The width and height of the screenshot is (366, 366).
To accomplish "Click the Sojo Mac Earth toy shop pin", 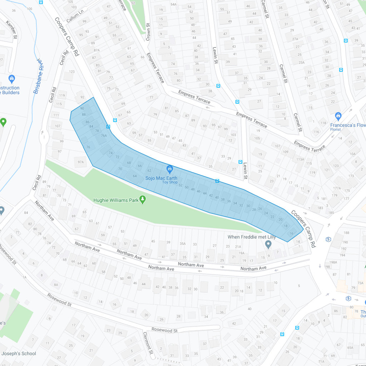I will coord(170,168).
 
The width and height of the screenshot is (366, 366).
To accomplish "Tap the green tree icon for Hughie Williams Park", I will coord(143,199).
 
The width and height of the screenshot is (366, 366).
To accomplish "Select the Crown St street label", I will coord(148,33).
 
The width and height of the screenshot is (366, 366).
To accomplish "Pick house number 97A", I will coord(80,162).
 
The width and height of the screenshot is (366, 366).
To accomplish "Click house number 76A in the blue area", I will coord(104,135).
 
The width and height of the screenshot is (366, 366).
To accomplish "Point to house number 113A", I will coord(300,159).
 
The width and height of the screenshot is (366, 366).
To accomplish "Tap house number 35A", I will coord(183,244).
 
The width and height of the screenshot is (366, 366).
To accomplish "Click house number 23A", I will coord(301,62).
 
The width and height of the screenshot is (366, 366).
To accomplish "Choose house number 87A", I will coord(96,50).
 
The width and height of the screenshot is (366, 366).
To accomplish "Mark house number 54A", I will coord(173,4).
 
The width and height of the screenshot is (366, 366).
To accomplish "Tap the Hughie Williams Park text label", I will coord(116,200).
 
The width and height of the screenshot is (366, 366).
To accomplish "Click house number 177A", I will coord(337,188).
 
